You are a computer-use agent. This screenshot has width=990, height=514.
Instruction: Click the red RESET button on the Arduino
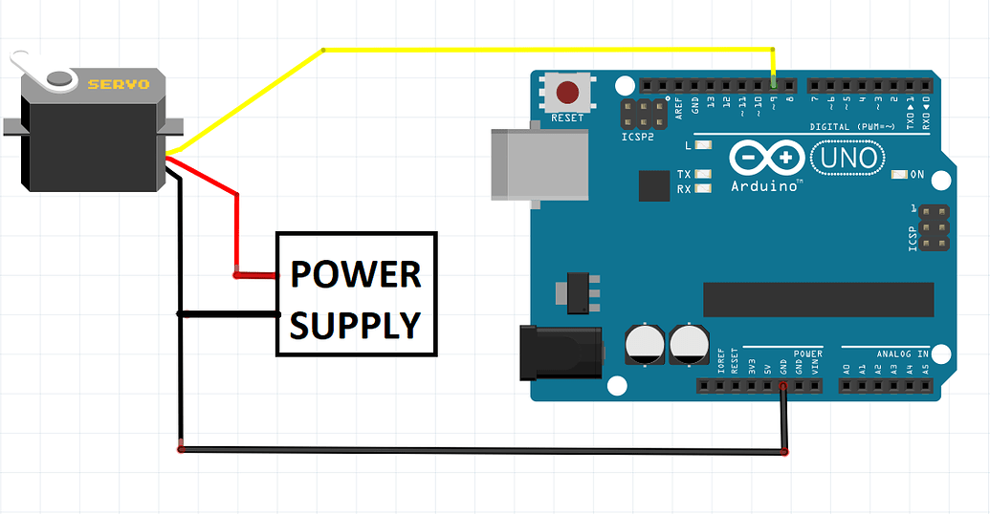click(568, 93)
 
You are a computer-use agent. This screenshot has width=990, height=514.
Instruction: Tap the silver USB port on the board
click(536, 164)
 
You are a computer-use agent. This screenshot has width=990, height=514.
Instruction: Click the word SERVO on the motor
click(119, 84)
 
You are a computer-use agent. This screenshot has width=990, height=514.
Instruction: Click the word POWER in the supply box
click(356, 274)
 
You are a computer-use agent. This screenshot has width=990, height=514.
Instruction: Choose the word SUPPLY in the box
click(356, 325)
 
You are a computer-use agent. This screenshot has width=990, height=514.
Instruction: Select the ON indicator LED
click(898, 175)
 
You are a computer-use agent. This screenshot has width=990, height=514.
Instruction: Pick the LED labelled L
click(705, 145)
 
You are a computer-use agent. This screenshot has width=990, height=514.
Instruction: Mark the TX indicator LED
click(705, 174)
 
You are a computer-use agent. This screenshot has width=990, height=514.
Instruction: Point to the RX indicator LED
click(705, 188)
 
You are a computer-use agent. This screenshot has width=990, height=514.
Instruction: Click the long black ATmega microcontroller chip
click(818, 299)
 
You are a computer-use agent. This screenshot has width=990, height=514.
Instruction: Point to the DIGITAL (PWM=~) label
click(852, 126)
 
